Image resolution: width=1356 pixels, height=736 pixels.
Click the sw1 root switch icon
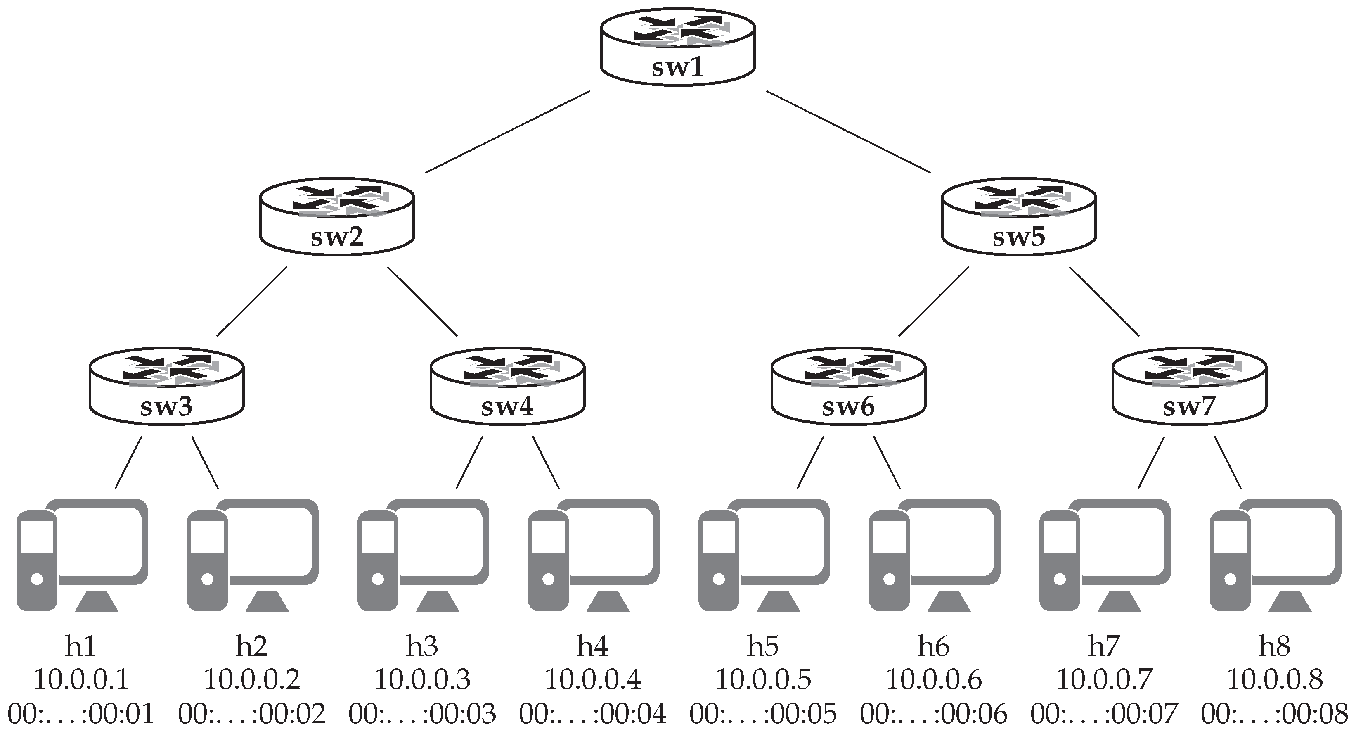pos(678,48)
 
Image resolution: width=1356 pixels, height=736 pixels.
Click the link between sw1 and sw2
pos(507,132)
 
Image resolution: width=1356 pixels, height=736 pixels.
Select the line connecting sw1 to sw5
pos(848,132)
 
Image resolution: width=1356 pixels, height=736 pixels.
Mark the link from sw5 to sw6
pos(933,302)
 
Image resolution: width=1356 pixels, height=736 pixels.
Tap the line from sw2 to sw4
pos(423,302)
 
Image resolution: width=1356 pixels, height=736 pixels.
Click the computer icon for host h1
pos(82,556)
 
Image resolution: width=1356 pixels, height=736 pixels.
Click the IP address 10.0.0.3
pos(422,680)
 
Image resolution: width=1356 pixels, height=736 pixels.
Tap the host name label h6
pos(933,646)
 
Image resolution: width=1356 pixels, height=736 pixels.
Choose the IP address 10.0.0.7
pos(1104,680)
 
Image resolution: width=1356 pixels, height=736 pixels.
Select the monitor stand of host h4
pos(608,602)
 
